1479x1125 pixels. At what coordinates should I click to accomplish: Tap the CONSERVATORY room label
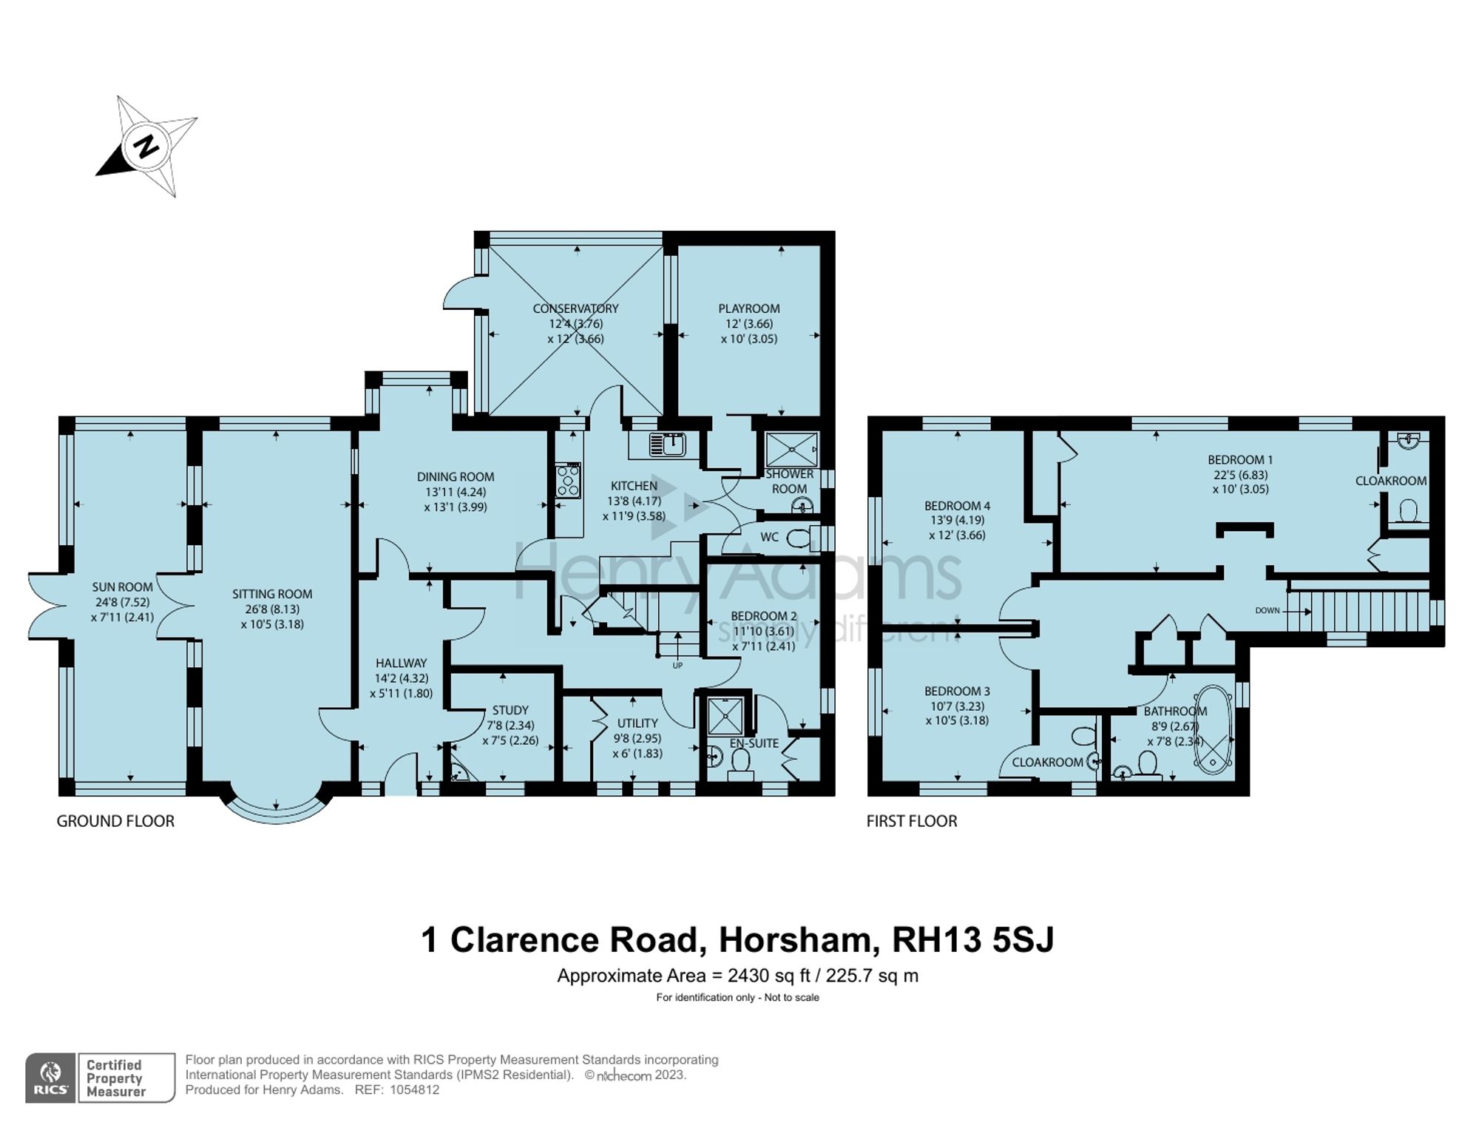(x=575, y=308)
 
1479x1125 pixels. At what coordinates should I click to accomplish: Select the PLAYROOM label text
(x=748, y=308)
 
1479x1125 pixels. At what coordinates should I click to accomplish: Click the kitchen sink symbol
(x=668, y=445)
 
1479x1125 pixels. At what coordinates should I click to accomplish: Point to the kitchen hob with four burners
(x=568, y=480)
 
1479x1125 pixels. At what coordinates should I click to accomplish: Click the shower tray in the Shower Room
(x=791, y=450)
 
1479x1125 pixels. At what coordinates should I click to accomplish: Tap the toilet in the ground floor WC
(x=797, y=538)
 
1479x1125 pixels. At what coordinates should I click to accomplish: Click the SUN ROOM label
(x=122, y=587)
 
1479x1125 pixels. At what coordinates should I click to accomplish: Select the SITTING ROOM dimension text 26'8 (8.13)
(x=271, y=609)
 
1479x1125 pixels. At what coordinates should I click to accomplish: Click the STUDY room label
(x=510, y=710)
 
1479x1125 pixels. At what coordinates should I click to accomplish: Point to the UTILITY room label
(x=637, y=723)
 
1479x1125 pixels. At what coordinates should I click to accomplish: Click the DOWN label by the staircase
(x=1267, y=611)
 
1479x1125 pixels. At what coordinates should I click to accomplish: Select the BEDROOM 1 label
(x=1240, y=459)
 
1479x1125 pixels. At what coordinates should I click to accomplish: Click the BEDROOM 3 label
(x=957, y=692)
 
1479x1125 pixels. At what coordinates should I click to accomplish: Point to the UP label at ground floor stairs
(x=677, y=666)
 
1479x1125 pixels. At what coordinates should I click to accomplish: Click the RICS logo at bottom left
(x=50, y=1078)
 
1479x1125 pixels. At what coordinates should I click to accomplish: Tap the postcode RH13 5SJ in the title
(x=972, y=940)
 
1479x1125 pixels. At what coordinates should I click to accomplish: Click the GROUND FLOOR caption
(x=115, y=821)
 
